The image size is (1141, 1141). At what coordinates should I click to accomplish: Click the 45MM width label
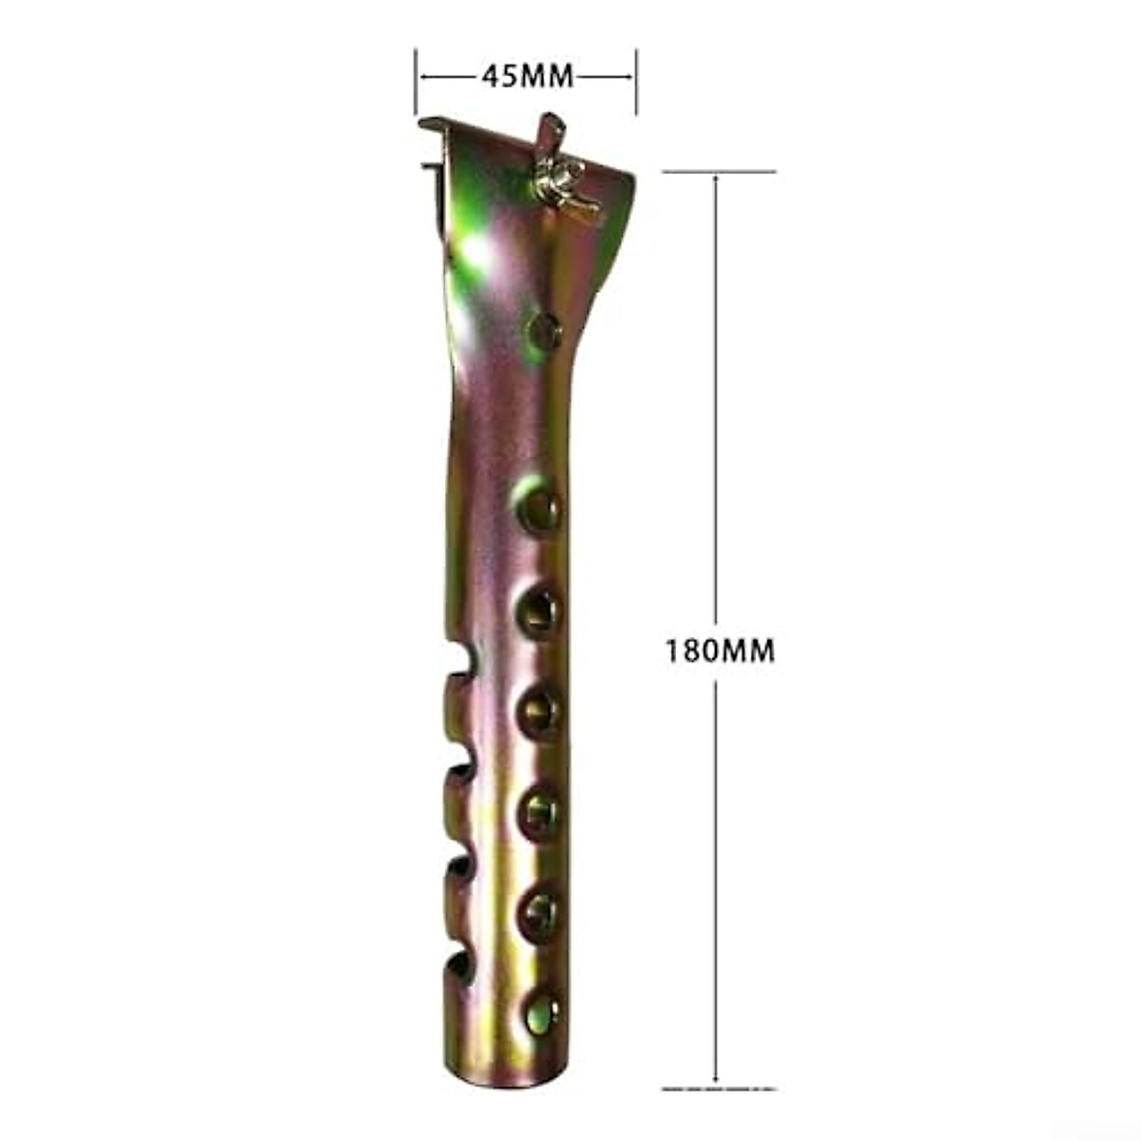527,76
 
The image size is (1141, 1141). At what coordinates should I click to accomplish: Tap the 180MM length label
720,651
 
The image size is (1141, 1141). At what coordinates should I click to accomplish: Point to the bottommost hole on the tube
539,1006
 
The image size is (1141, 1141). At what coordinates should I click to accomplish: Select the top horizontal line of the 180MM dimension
719,172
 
